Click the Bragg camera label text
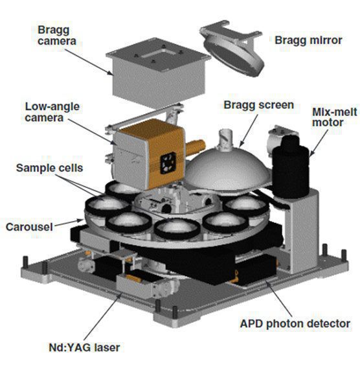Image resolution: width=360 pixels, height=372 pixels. coord(57,36)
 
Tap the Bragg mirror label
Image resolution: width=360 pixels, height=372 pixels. coord(308,40)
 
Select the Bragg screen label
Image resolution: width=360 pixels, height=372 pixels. coord(259,105)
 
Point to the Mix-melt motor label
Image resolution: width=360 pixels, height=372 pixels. coord(334,117)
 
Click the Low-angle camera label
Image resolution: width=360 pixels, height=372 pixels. coord(52,112)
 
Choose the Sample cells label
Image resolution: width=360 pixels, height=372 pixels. coord(50,168)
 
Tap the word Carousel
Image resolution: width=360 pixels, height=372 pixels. coord(29,227)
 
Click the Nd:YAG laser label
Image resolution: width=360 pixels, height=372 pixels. coord(84,347)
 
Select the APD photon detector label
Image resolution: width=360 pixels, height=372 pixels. coord(295,324)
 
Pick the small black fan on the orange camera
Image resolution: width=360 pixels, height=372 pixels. coord(168,163)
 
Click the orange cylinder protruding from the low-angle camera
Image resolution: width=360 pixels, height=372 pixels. coord(196,147)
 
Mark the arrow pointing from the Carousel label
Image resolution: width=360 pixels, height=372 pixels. coord(69,223)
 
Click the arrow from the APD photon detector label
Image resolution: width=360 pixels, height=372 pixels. coord(278,299)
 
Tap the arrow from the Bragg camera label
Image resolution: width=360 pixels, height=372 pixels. coord(89,62)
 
